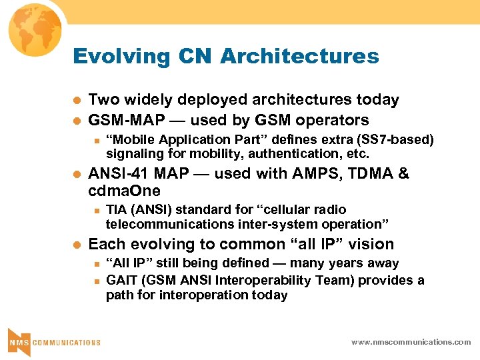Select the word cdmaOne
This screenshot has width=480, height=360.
(x=125, y=191)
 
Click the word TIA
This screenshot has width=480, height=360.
(x=117, y=210)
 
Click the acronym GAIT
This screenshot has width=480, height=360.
(x=121, y=280)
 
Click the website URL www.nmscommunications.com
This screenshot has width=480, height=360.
(x=411, y=342)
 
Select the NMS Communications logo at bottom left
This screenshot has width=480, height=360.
(x=53, y=341)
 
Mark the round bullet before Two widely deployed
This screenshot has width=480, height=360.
(x=77, y=100)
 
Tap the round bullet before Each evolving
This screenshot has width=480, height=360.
(x=77, y=245)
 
